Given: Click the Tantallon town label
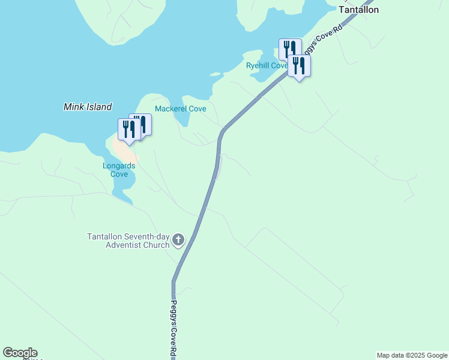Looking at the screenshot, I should click(x=359, y=10).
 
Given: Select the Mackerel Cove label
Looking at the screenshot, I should click(x=181, y=109).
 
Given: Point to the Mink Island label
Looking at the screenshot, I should click(x=88, y=107).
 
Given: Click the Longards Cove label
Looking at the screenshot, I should click(x=119, y=170).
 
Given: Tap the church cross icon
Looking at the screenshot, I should click(x=178, y=241).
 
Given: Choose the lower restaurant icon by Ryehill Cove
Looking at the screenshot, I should click(x=299, y=66).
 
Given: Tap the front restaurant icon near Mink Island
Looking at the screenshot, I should click(x=128, y=130).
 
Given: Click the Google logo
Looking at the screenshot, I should click(x=20, y=353).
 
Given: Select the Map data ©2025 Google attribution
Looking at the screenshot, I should click(x=412, y=355).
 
